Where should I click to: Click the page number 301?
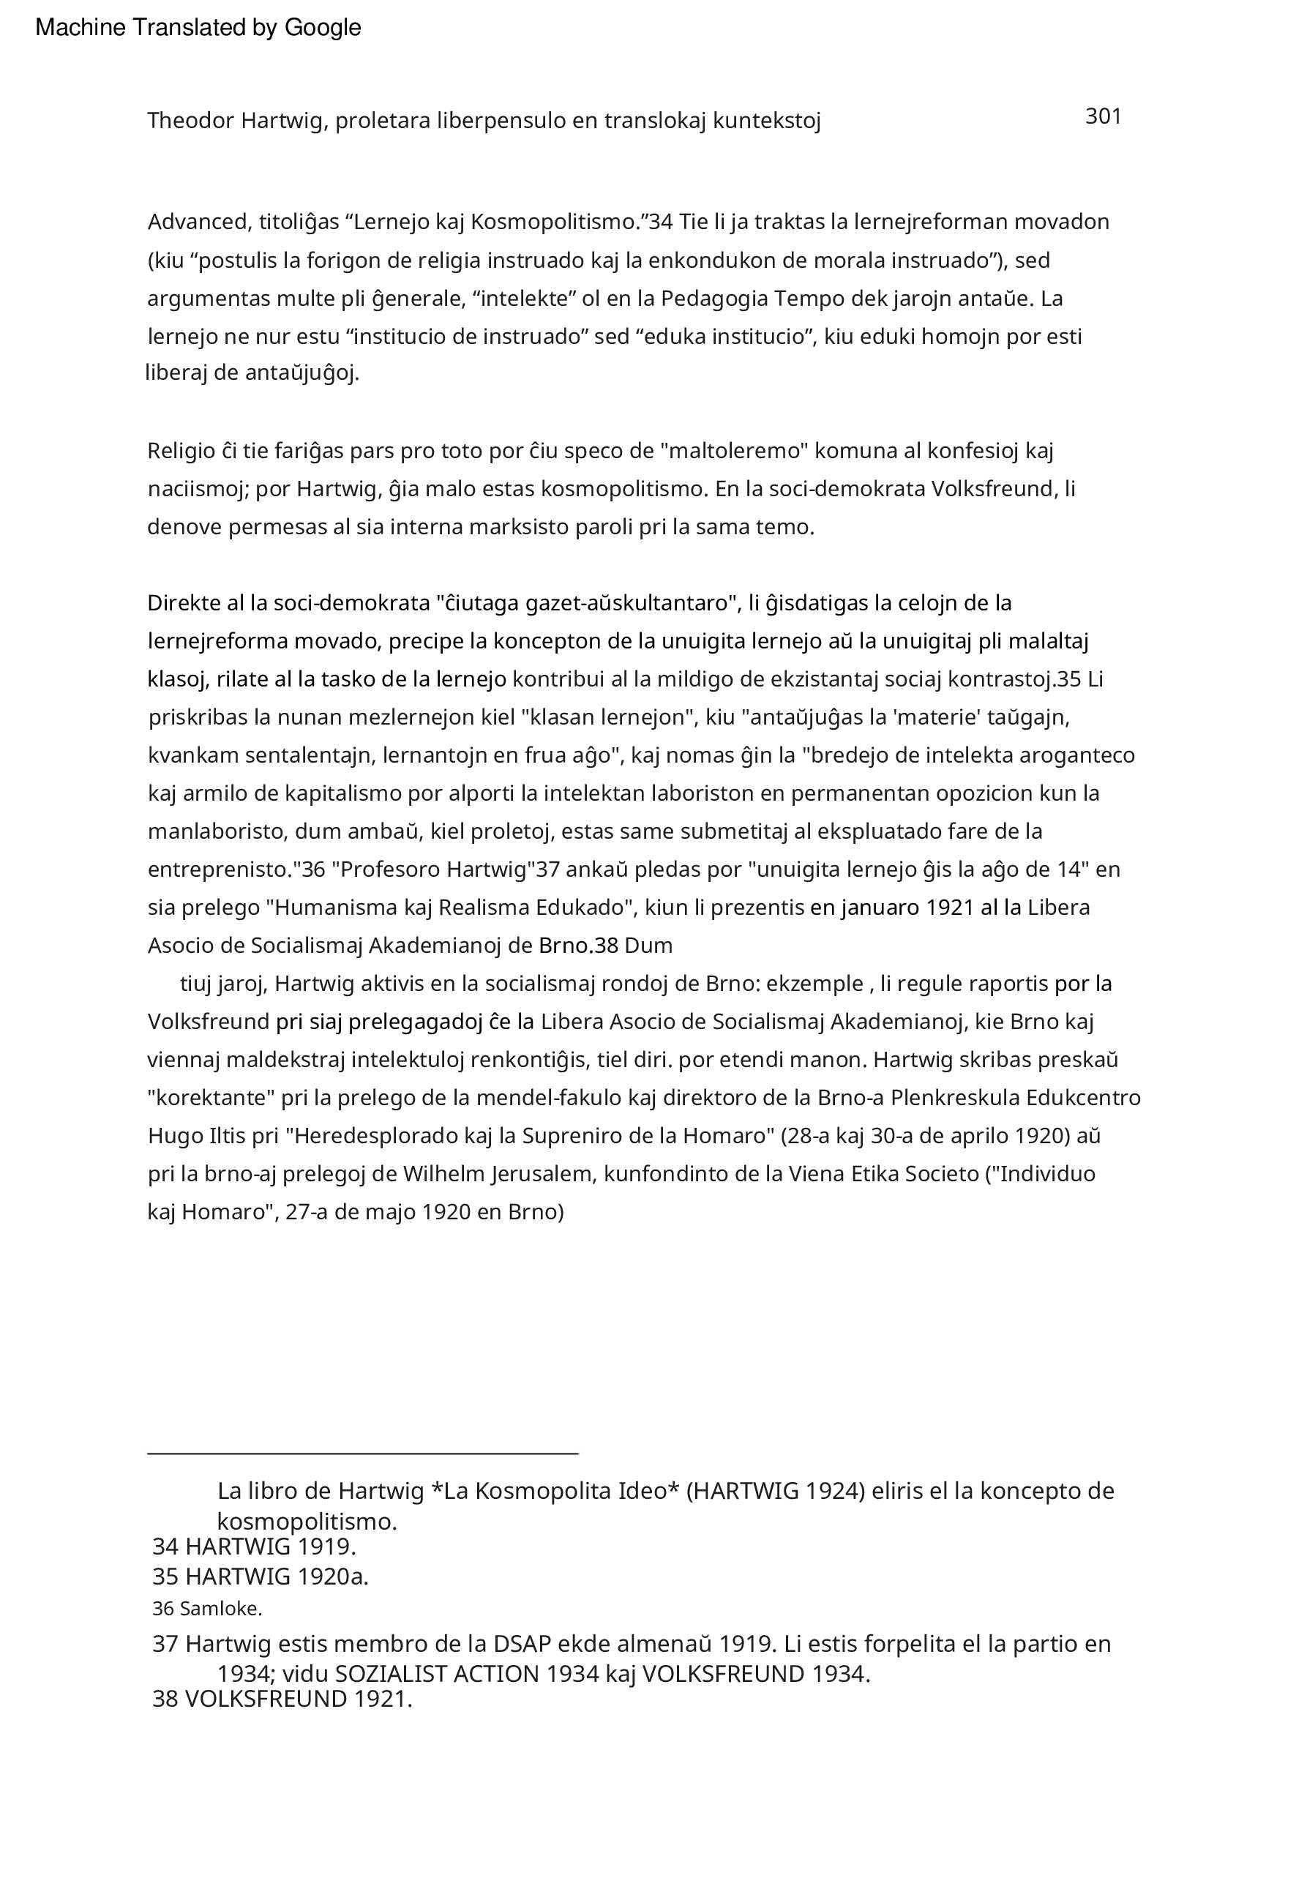point(1102,117)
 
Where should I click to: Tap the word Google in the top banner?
point(322,28)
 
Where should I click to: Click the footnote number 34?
point(165,1546)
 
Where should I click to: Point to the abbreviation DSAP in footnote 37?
point(522,1643)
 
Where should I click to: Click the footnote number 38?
point(165,1699)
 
